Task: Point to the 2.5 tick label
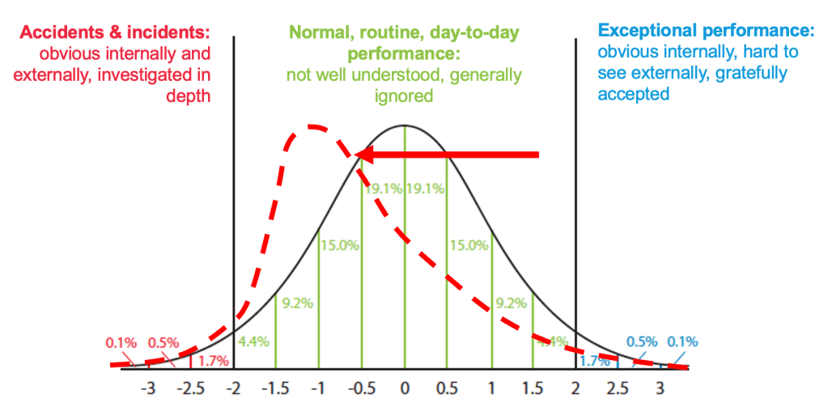coord(618,387)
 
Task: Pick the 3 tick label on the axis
coord(660,387)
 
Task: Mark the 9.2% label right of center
coord(511,303)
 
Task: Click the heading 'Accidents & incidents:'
coord(114,33)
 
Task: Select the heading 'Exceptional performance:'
coord(706,32)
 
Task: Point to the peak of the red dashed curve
coord(310,126)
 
